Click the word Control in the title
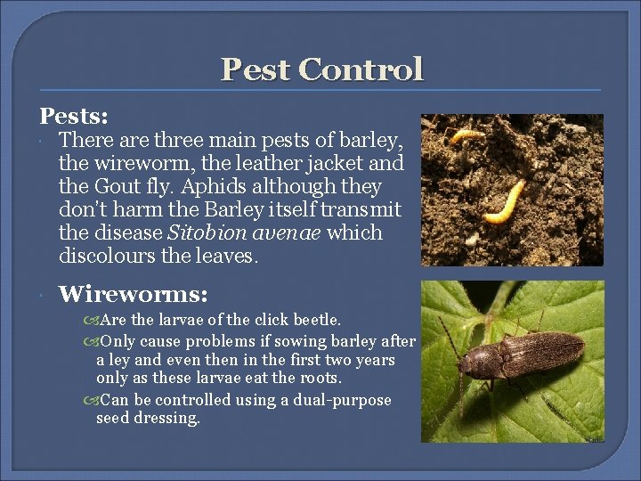pyautogui.click(x=361, y=69)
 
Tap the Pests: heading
pyautogui.click(x=74, y=117)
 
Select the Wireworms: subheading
pyautogui.click(x=134, y=293)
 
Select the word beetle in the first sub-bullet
pyautogui.click(x=315, y=319)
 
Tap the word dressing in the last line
pyautogui.click(x=170, y=418)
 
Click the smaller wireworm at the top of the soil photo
pyautogui.click(x=467, y=135)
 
